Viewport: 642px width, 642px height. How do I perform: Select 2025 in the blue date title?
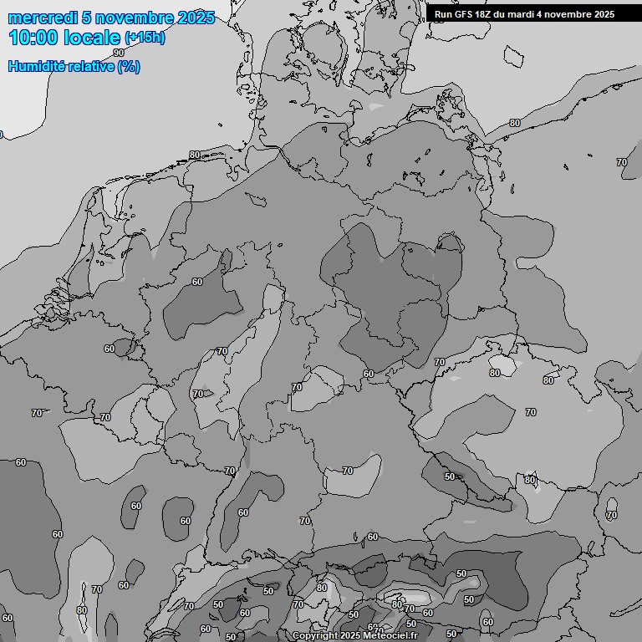pyautogui.click(x=196, y=18)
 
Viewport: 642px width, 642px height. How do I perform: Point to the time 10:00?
pyautogui.click(x=33, y=38)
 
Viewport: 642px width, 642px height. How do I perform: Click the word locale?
pyautogui.click(x=91, y=38)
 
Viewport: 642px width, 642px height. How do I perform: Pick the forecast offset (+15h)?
pyautogui.click(x=145, y=38)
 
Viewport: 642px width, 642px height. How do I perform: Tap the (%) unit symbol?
pyautogui.click(x=129, y=66)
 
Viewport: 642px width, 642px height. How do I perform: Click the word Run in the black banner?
pyautogui.click(x=444, y=14)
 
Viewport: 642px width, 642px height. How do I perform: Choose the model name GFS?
pyautogui.click(x=464, y=14)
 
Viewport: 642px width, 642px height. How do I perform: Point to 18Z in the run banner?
pyautogui.click(x=485, y=14)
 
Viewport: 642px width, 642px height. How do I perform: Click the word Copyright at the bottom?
pyautogui.click(x=314, y=636)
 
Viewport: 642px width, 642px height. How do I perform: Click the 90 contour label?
pyautogui.click(x=119, y=263)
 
